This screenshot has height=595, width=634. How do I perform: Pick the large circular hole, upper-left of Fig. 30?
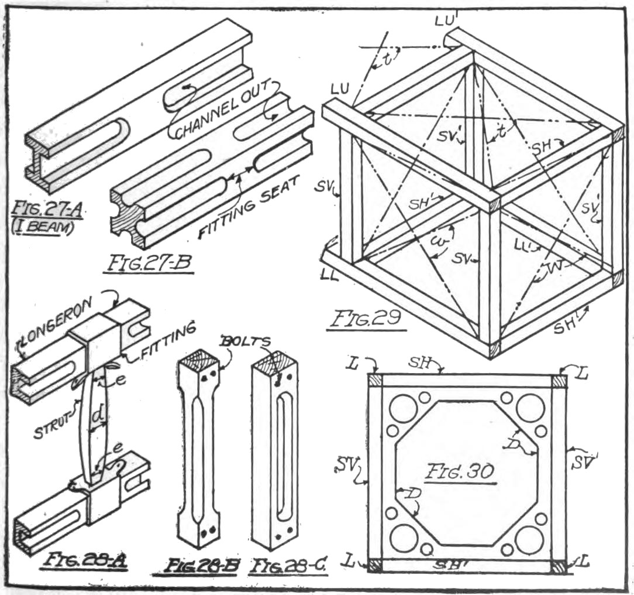point(404,409)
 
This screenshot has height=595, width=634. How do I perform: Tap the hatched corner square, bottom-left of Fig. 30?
point(375,566)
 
